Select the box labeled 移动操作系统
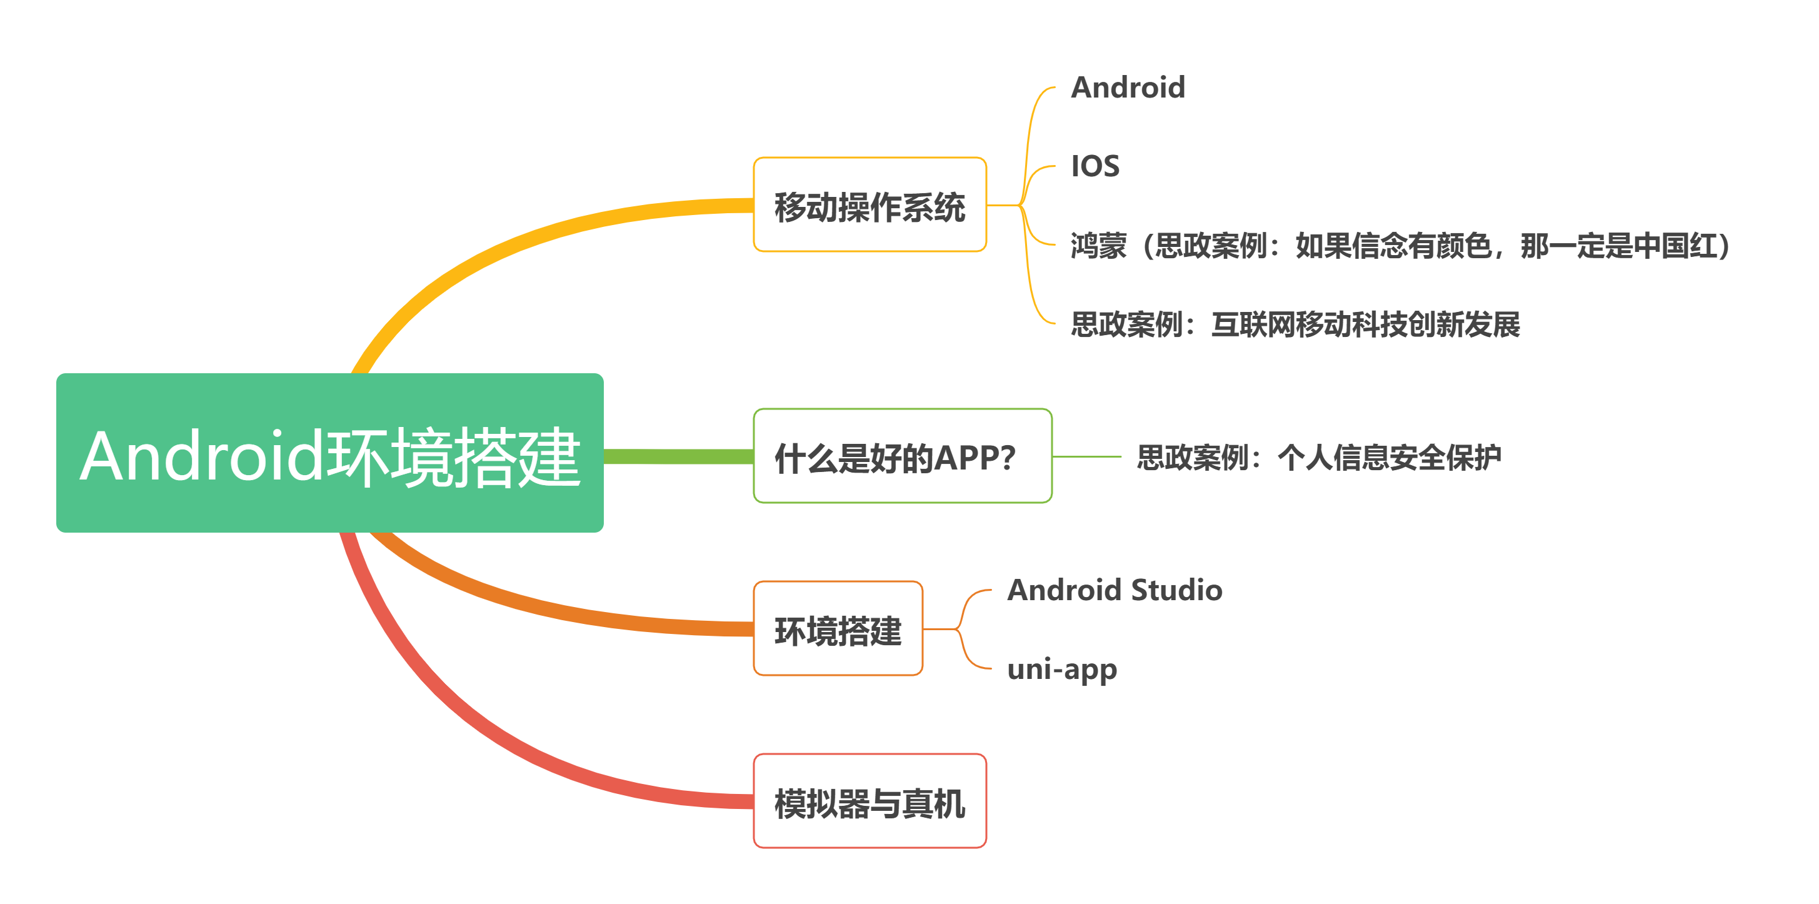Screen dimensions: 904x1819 click(x=869, y=206)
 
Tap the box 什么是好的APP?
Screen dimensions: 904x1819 click(x=902, y=456)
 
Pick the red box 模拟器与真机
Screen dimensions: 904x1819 click(x=869, y=801)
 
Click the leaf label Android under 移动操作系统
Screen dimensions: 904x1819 click(x=1128, y=88)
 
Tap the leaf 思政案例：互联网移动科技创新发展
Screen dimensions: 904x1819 click(x=1295, y=324)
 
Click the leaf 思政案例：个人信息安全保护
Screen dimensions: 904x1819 click(x=1318, y=457)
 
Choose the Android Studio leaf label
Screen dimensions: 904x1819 click(x=1115, y=590)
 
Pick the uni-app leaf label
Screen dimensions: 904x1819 click(x=1061, y=670)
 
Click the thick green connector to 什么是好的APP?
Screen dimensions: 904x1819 click(x=678, y=456)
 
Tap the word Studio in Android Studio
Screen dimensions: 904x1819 click(x=1176, y=590)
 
